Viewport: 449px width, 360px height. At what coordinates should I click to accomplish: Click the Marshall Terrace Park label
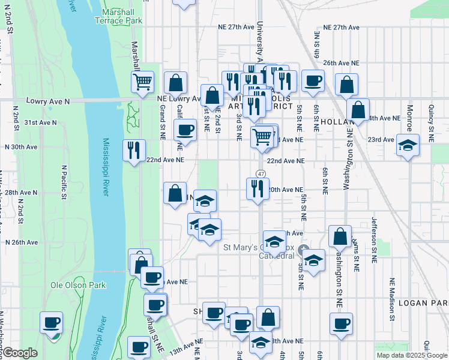118,16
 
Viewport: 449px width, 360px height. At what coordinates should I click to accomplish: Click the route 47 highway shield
260,173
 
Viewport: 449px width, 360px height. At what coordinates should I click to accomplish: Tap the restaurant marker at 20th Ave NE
258,189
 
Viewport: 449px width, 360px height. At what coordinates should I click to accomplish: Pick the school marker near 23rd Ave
408,146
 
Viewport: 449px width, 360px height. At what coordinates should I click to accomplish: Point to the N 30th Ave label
21,147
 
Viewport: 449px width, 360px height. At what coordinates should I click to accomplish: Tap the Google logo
19,352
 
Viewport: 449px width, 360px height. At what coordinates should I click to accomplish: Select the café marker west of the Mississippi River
51,322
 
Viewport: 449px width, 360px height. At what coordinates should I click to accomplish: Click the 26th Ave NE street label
340,62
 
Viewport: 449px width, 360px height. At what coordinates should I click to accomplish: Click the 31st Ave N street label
40,122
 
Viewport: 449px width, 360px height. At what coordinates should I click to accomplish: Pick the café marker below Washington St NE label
342,324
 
